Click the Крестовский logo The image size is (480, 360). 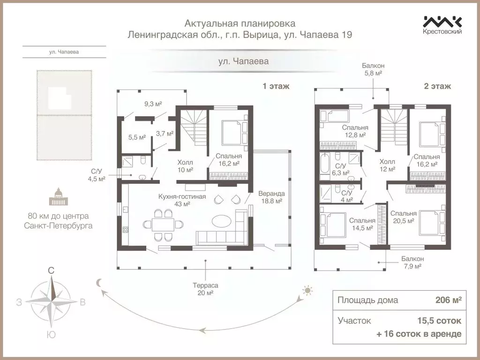tap(442, 25)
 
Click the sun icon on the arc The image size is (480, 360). tap(307, 291)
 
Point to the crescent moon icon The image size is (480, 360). tap(99, 282)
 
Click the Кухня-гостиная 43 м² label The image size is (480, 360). tap(182, 200)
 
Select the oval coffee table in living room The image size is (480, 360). tap(221, 220)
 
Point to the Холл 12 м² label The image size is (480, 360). tap(387, 165)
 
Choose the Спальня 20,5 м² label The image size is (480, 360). tap(403, 216)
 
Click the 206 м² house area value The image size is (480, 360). tap(448, 300)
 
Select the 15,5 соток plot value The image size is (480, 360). tap(439, 321)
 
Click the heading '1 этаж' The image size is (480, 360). tap(276, 86)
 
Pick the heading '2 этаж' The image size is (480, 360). tap(437, 86)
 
